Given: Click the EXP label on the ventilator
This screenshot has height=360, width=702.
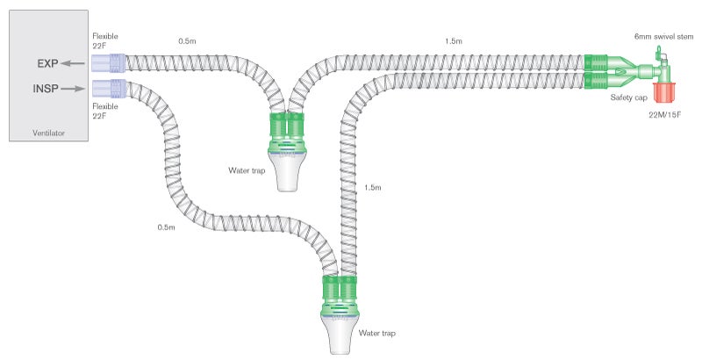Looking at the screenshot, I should tap(47, 64).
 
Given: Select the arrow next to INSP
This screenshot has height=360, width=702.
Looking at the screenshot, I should tap(75, 88).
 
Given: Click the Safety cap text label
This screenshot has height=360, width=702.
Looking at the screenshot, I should tap(629, 97).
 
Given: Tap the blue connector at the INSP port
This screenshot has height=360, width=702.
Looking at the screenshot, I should tap(109, 88).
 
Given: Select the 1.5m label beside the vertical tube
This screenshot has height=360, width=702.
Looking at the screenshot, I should tap(372, 188).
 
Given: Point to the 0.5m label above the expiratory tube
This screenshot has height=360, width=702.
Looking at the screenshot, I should tap(187, 40).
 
